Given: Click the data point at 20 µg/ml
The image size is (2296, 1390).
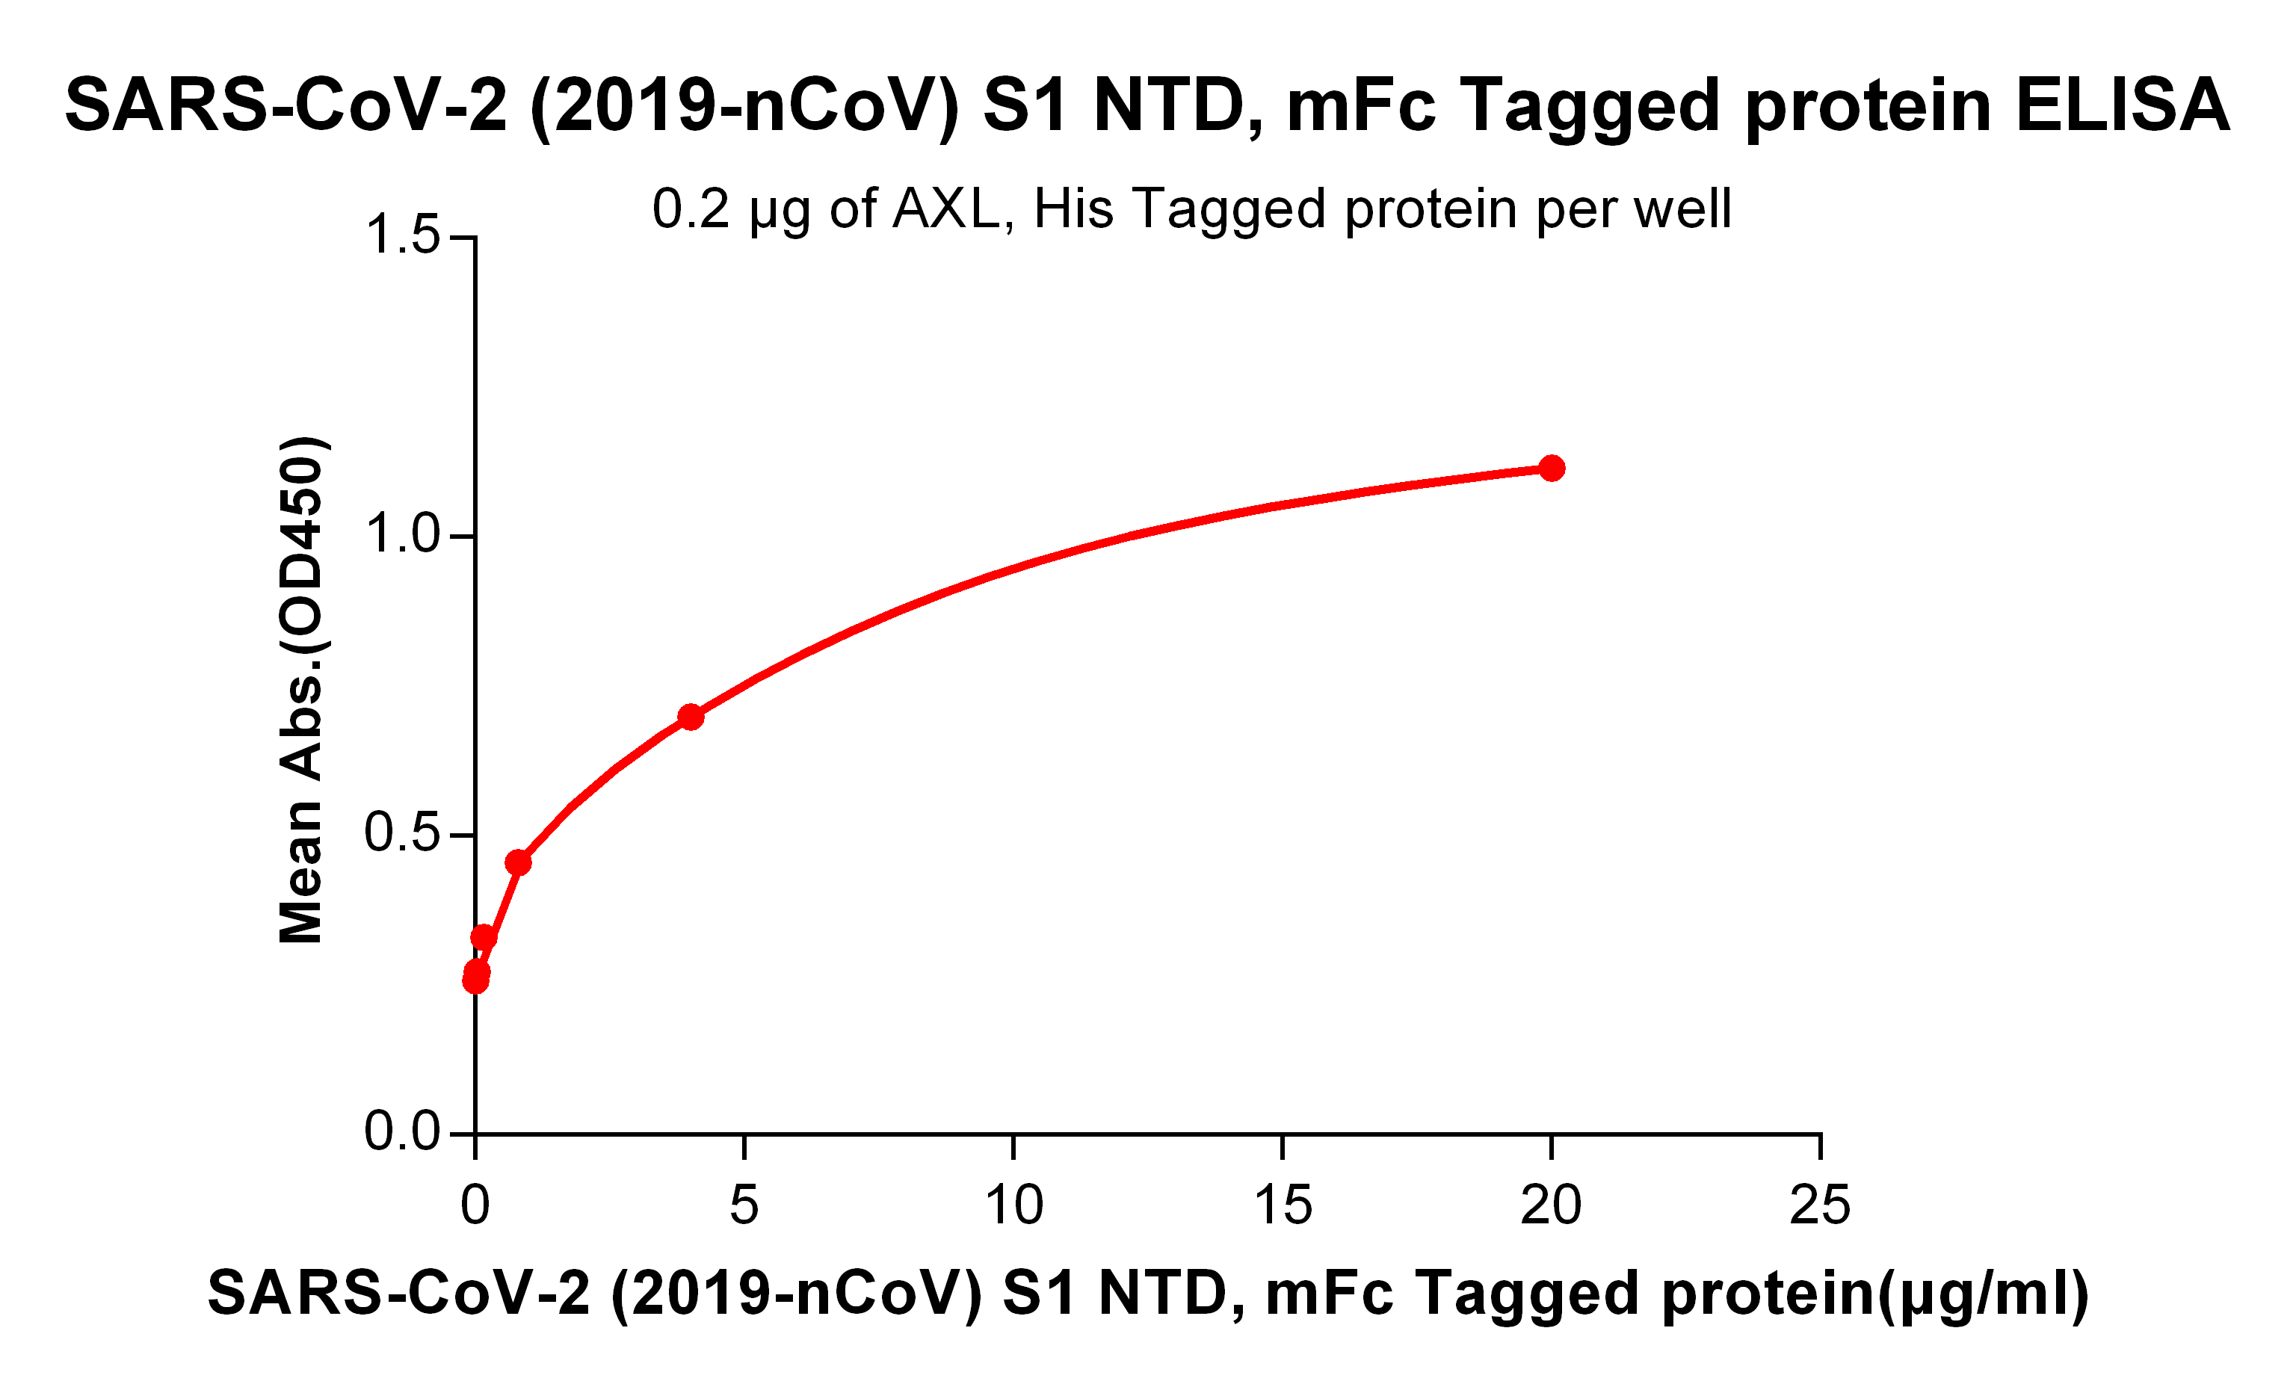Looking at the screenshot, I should (1552, 468).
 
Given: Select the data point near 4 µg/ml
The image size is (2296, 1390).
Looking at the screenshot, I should (691, 717).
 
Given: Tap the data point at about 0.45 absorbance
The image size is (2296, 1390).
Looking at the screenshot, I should (518, 862).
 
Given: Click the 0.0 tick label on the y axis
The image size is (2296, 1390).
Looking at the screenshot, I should (403, 1132).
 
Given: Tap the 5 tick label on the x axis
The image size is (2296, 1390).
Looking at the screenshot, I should (744, 1205).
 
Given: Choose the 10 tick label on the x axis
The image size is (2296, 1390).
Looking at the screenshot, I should (1013, 1205).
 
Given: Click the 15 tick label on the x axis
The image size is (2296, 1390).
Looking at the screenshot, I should (1283, 1205).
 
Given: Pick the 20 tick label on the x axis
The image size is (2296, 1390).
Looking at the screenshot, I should (1551, 1205).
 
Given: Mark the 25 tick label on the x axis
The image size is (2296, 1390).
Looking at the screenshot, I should (1820, 1205).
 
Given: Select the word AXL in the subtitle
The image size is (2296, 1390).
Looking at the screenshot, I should (945, 208).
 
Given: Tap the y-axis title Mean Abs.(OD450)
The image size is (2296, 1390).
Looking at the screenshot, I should (302, 690).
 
